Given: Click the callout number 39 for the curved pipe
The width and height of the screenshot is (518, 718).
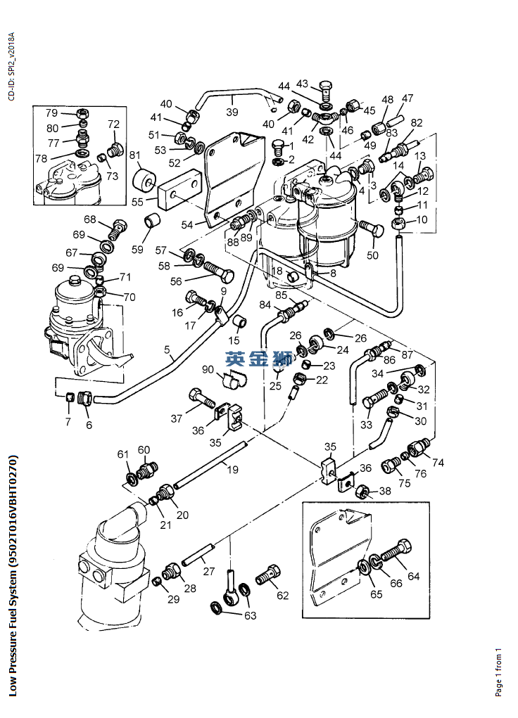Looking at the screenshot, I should point(232,112).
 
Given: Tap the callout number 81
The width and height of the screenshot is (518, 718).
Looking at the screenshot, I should point(134,155).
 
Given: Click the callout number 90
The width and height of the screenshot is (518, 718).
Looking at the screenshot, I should point(208,371).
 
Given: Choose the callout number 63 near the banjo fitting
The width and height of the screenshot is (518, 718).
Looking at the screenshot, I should point(250,615).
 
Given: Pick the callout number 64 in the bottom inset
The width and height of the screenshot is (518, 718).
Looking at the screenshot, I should point(413,577).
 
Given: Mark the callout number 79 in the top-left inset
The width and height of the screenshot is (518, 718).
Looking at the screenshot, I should point(51,113).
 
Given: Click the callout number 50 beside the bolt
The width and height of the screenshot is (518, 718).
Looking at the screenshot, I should point(373,255).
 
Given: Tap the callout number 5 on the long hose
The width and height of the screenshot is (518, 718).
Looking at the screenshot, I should point(167,349).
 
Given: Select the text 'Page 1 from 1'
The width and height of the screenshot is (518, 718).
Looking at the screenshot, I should point(498,672).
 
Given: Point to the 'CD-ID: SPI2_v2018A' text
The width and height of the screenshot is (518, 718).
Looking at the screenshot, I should point(11,67).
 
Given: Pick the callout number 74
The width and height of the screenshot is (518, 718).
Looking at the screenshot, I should point(438,463).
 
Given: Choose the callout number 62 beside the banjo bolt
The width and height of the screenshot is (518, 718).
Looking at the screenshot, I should point(282,596).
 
